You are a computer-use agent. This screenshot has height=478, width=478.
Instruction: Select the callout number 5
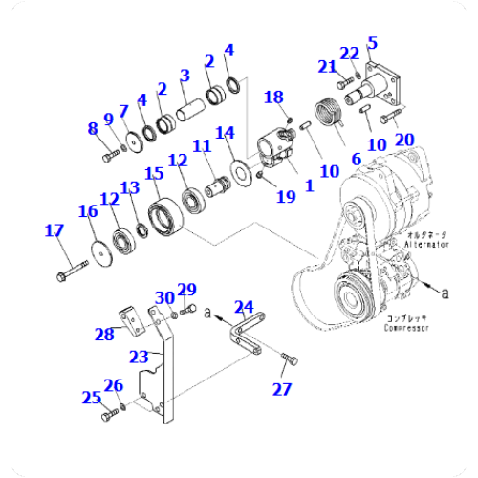coord(373,42)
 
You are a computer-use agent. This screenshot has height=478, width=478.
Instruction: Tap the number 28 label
coord(104,334)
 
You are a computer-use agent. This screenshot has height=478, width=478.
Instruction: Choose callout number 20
coord(404,140)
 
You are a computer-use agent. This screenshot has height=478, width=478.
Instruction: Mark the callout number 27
coord(280,388)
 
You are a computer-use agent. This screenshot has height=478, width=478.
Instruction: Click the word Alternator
coord(426,244)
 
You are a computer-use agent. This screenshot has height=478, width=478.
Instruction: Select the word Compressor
coord(407,328)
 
